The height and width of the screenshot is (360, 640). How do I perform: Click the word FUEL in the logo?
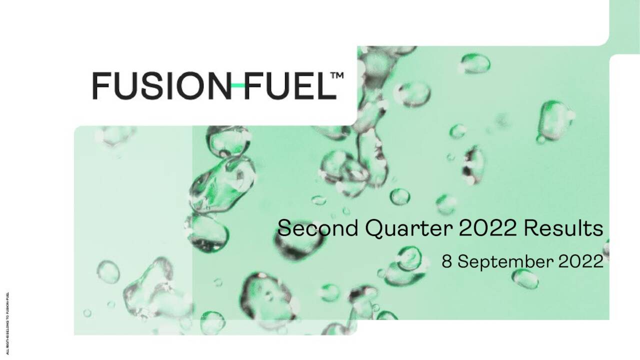pyautogui.click(x=289, y=85)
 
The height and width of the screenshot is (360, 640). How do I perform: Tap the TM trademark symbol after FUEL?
pyautogui.click(x=337, y=76)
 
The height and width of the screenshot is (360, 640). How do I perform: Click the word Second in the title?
pyautogui.click(x=318, y=228)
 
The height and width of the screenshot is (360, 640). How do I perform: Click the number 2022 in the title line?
pyautogui.click(x=487, y=228)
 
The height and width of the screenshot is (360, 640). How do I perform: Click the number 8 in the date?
pyautogui.click(x=446, y=261)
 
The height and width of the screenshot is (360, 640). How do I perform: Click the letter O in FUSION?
pyautogui.click(x=195, y=85)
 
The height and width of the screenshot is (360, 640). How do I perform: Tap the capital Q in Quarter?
pyautogui.click(x=374, y=229)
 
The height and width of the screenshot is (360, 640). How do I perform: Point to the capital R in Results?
pyautogui.click(x=530, y=228)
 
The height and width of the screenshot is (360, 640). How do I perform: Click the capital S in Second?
pyautogui.click(x=284, y=228)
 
